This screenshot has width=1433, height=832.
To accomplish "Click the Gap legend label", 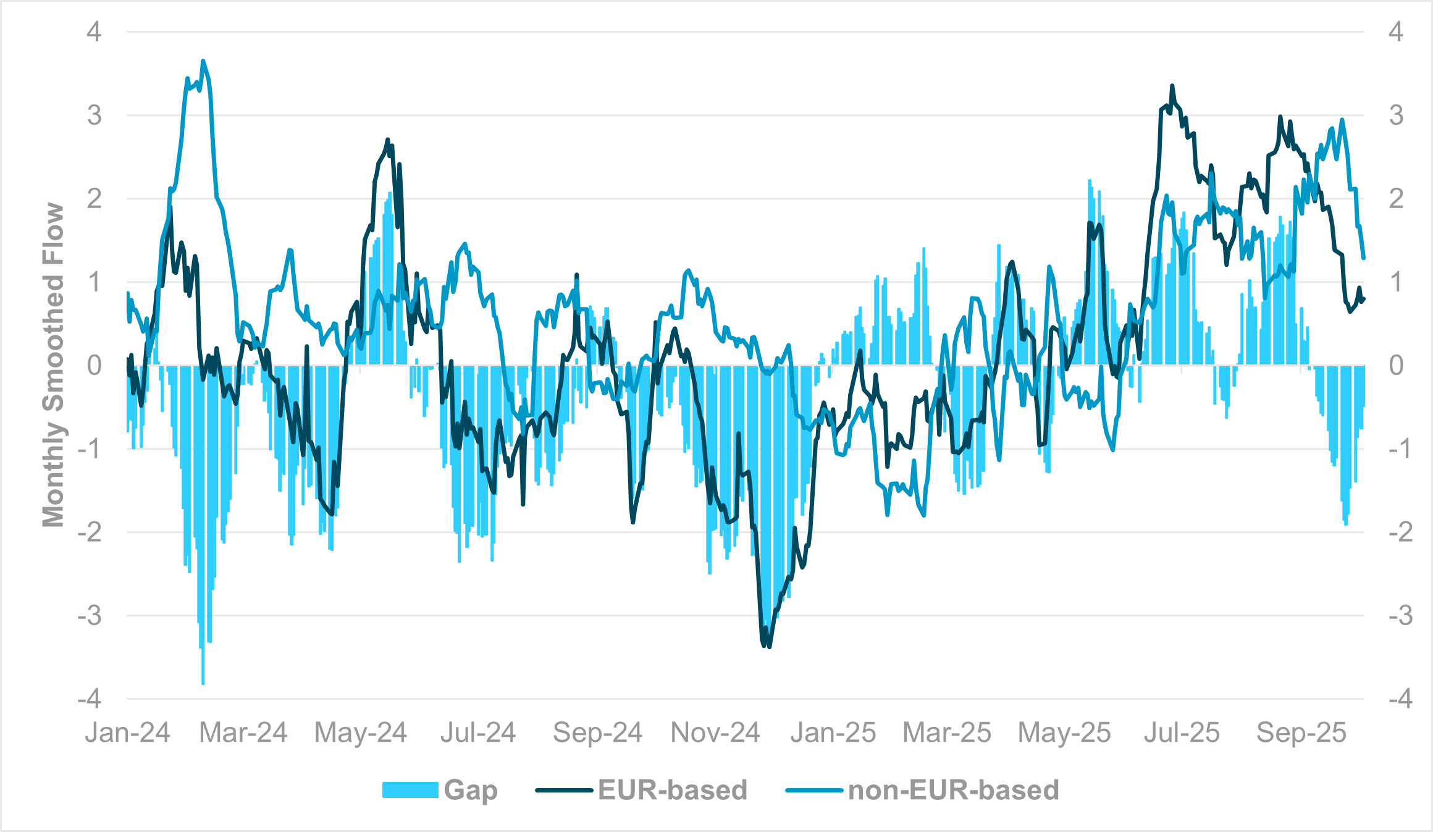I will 471,790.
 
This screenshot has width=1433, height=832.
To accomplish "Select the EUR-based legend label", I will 672,790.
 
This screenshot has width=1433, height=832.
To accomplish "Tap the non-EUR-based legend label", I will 953,790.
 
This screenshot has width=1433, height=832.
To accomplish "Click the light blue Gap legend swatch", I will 410,790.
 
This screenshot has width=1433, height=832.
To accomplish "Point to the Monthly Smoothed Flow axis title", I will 53,364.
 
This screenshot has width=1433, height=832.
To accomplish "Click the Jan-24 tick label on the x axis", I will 127,733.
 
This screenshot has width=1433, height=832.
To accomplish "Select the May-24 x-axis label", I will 360,733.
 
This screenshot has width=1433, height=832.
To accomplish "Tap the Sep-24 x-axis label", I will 597,733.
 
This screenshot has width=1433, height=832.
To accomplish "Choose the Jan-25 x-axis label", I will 833,733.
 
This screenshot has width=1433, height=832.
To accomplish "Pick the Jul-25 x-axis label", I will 1181,733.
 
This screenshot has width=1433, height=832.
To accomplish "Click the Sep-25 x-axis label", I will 1301,733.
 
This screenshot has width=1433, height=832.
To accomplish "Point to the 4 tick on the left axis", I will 94,32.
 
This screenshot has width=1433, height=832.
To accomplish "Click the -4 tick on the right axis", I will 1400,699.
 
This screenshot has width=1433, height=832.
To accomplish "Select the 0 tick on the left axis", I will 94,366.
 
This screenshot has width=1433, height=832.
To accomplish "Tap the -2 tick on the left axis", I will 90,532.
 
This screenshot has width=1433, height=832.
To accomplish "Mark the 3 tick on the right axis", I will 1396,116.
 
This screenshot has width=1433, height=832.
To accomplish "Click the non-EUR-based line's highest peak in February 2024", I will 203,61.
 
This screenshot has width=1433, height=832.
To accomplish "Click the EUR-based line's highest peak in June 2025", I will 1172,86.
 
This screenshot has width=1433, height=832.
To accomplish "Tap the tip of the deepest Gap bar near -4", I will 203,684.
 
